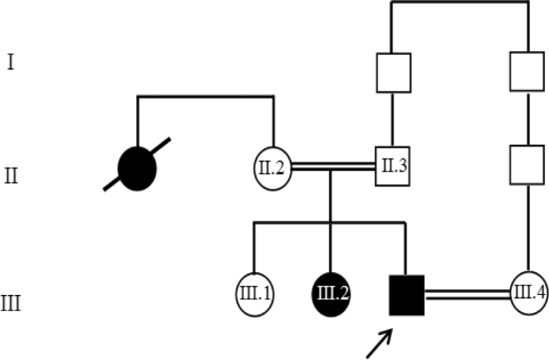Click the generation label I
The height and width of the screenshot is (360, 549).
pyautogui.click(x=11, y=63)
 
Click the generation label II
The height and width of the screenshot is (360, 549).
pyautogui.click(x=11, y=176)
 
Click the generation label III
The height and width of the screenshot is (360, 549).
pyautogui.click(x=11, y=303)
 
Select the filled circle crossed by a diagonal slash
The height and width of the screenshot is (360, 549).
pyautogui.click(x=137, y=168)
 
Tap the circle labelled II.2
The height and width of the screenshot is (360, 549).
pyautogui.click(x=272, y=168)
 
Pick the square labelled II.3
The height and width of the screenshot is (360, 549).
pyautogui.click(x=393, y=166)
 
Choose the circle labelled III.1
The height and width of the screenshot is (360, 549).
pyautogui.click(x=255, y=294)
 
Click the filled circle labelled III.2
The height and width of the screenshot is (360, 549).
pyautogui.click(x=331, y=294)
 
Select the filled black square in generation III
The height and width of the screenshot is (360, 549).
pyautogui.click(x=407, y=295)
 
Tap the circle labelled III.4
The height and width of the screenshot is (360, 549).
pyautogui.click(x=529, y=293)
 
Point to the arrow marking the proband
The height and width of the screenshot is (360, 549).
pyautogui.click(x=379, y=343)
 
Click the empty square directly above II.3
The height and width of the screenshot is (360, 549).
pyautogui.click(x=393, y=73)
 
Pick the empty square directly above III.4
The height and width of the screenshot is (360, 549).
pyautogui.click(x=527, y=165)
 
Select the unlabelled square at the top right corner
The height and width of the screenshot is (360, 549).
pyautogui.click(x=527, y=71)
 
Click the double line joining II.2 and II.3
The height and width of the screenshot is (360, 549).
pyautogui.click(x=333, y=166)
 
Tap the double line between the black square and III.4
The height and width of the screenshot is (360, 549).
pyautogui.click(x=467, y=295)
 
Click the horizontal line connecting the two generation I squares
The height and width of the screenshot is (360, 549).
pyautogui.click(x=460, y=3)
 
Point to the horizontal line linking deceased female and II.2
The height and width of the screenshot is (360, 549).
pyautogui.click(x=206, y=96)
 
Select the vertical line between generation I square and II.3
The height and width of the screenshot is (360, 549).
pyautogui.click(x=393, y=119)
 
